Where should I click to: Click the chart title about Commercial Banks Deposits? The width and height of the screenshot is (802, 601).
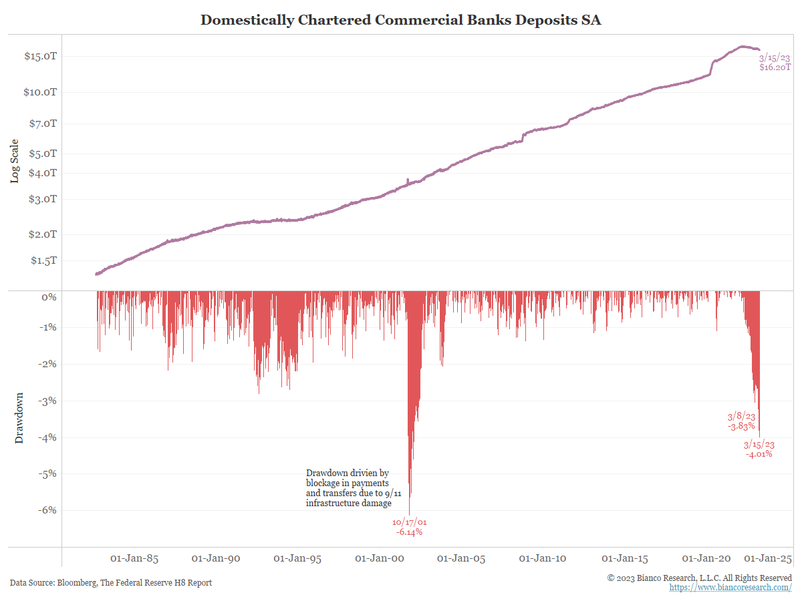point(401,19)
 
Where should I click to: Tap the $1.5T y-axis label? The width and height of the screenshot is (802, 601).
point(43,260)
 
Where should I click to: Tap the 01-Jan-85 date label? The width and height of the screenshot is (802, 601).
point(134,558)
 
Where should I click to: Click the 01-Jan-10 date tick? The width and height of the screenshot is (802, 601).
point(541,558)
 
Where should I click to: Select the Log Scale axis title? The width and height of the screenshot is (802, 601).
point(15,160)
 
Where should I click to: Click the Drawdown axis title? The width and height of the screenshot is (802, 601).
point(19,417)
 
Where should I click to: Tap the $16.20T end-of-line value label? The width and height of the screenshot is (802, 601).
point(775,67)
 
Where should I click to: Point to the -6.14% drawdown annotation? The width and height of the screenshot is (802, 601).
point(409,532)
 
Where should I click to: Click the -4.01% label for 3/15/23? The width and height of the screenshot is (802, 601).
point(759,454)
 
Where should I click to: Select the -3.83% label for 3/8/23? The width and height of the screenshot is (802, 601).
point(741,426)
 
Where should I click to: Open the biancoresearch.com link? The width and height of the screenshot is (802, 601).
point(730,587)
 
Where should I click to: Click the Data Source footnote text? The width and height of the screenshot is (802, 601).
point(111,583)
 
